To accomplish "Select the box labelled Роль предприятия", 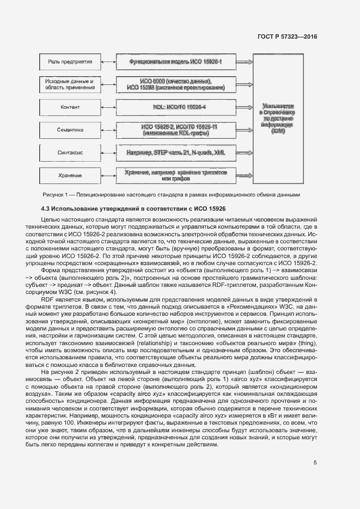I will pyautogui.click(x=69, y=62).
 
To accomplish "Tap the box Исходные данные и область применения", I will pyautogui.click(x=69, y=84).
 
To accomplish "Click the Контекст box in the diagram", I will pyautogui.click(x=69, y=107).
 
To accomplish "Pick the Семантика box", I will pyautogui.click(x=69, y=130).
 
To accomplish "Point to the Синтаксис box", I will pyautogui.click(x=69, y=153).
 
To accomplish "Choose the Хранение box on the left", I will pyautogui.click(x=69, y=175).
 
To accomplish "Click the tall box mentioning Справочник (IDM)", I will pyautogui.click(x=278, y=119).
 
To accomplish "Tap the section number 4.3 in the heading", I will pyautogui.click(x=47, y=208).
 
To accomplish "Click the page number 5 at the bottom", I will pyautogui.click(x=315, y=463).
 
